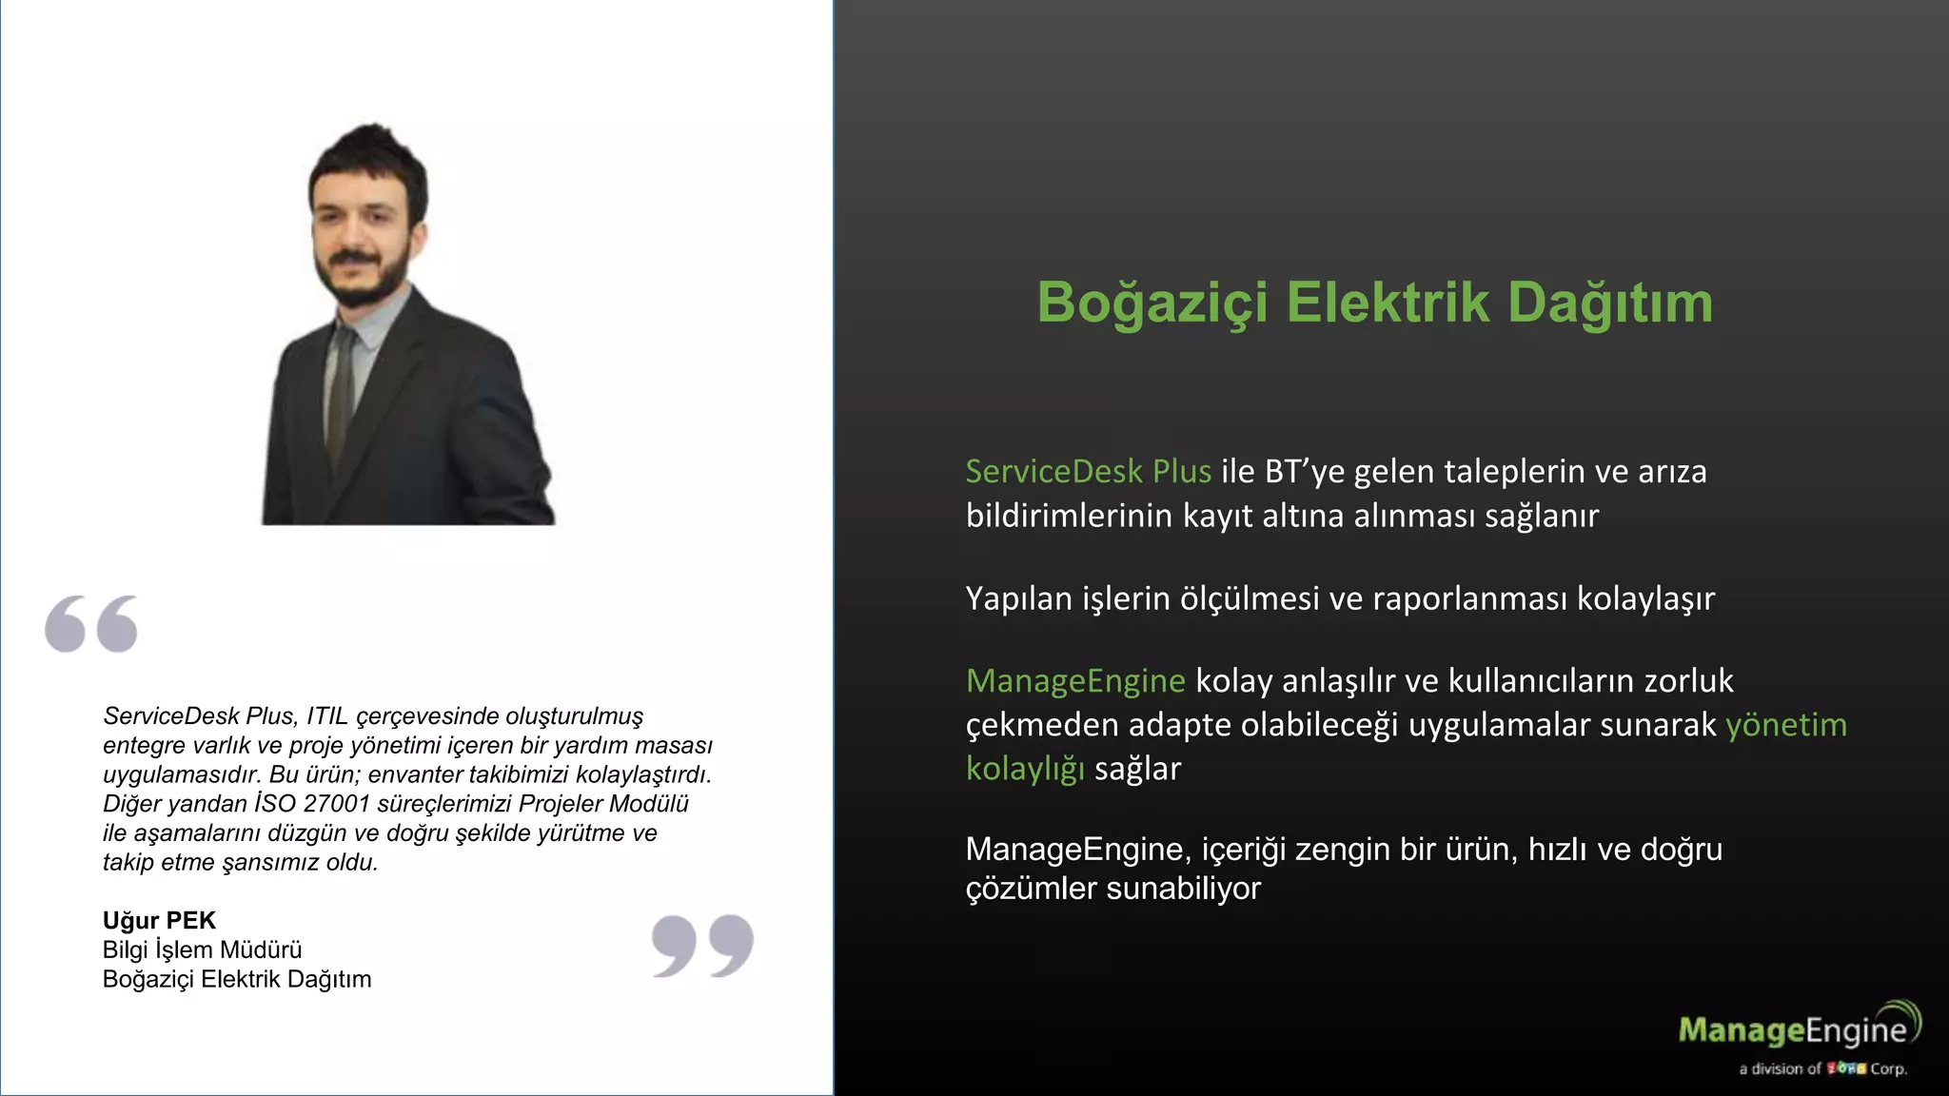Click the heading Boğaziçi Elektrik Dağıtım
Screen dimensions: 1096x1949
coord(1374,303)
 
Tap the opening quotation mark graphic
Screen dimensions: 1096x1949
coord(91,624)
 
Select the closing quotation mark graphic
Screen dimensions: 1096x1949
coord(702,946)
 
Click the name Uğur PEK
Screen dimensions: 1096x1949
coord(159,920)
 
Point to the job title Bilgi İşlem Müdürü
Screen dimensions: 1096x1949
coord(202,949)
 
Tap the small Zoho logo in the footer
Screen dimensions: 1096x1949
coord(1845,1068)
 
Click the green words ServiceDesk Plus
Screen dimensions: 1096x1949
coord(1088,471)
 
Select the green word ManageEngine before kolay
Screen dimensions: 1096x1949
coord(1075,680)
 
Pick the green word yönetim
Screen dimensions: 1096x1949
coord(1785,724)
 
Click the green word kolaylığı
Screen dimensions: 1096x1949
coord(1025,768)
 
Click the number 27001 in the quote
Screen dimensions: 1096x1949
coord(336,804)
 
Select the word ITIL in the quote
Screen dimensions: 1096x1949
coord(327,715)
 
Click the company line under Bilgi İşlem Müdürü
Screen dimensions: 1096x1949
coord(237,979)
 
